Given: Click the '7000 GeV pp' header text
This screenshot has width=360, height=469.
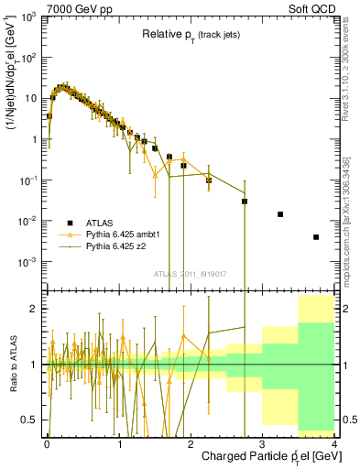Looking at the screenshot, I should point(71,7).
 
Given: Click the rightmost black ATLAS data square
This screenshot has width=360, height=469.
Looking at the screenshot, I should point(316,237).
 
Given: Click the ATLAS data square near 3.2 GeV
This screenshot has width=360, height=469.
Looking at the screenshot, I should point(280,214).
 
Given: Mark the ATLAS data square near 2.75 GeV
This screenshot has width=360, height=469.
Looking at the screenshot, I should point(245,202).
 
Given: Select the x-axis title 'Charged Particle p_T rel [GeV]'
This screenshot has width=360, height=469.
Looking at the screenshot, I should point(266,455).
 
